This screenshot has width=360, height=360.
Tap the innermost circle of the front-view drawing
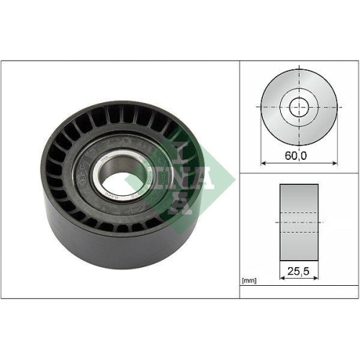click(297, 108)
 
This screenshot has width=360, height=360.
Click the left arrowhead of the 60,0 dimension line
click(264, 163)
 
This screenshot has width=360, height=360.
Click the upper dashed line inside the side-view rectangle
click(297, 213)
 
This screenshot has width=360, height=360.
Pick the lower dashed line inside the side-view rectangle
click(297, 233)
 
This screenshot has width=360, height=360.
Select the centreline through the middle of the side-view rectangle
click(297, 223)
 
